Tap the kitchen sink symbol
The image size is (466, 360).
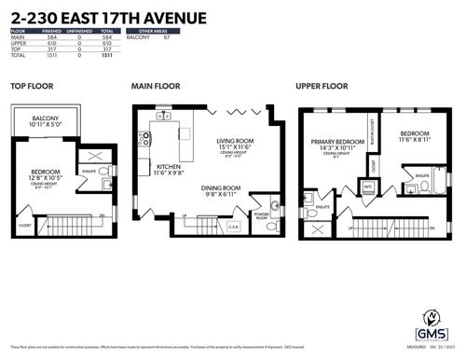pyautogui.click(x=162, y=117)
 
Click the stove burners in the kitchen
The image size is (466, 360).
pyautogui.click(x=144, y=139)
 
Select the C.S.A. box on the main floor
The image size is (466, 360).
pyautogui.click(x=233, y=225)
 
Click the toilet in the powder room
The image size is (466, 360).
pyautogui.click(x=273, y=205)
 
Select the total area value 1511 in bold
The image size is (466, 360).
pyautogui.click(x=105, y=55)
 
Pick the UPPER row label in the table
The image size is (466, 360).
pyautogui.click(x=20, y=44)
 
